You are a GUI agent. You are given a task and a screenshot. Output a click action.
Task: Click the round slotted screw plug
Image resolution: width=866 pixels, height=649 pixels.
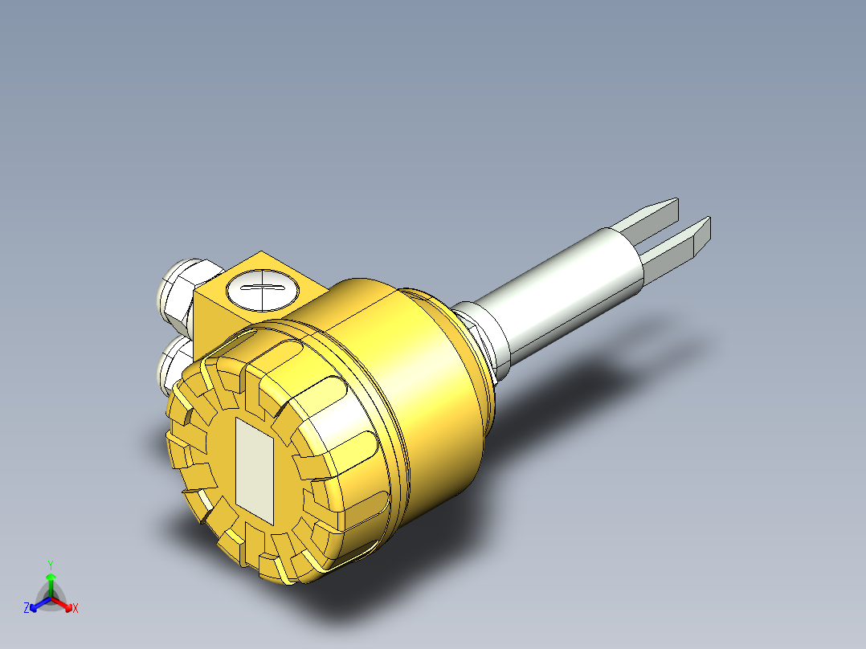[263, 288]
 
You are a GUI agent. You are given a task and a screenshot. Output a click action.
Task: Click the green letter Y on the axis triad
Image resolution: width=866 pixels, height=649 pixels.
[51, 565]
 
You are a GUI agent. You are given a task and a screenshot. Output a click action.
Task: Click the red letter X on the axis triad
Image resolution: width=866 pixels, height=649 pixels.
[76, 609]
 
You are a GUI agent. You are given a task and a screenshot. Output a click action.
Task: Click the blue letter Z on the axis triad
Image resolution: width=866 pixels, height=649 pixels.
[27, 609]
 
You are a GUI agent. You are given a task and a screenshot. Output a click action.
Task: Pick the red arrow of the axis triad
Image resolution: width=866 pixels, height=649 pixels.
[64, 604]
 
